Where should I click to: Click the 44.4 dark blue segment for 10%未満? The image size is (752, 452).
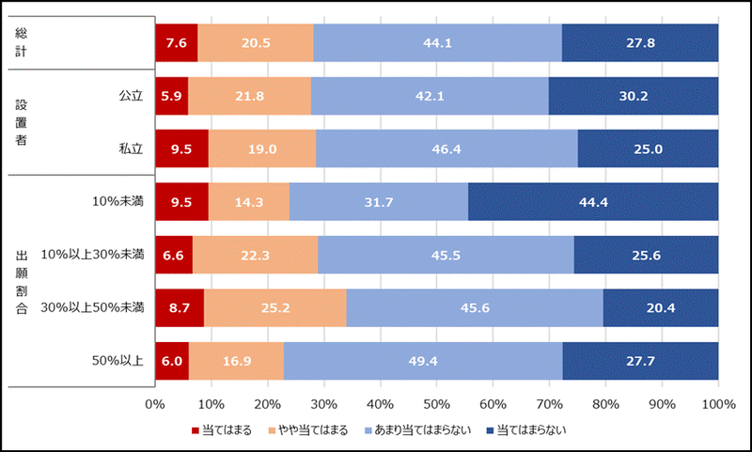point(593,201)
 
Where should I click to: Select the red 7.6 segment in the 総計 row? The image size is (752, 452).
point(176,43)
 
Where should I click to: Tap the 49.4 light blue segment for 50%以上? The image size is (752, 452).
point(423,360)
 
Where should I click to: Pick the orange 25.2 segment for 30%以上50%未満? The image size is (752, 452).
point(274,307)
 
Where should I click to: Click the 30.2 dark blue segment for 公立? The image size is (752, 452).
point(633,96)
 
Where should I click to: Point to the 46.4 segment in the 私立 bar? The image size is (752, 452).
point(446,148)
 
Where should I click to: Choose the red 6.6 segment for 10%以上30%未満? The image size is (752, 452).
point(173,255)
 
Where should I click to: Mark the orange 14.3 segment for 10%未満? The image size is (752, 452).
point(249,201)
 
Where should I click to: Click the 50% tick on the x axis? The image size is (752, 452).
point(436,404)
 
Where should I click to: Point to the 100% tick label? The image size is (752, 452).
point(718,404)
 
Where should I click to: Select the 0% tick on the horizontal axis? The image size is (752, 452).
point(155,404)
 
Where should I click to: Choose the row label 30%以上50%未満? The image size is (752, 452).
point(99,307)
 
